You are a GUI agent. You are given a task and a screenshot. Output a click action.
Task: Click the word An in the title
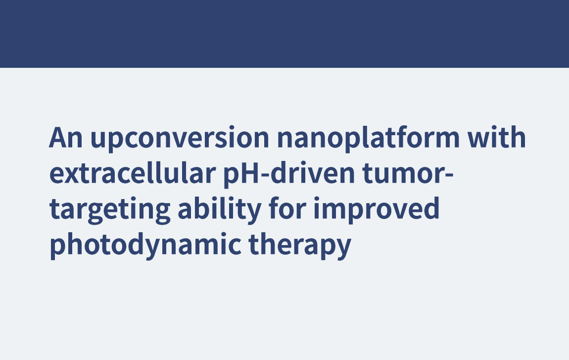tap(66, 138)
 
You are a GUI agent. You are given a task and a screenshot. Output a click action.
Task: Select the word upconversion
tap(180, 140)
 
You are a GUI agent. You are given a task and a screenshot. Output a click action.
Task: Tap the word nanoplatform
tap(368, 139)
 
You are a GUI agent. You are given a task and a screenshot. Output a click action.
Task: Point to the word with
tap(496, 137)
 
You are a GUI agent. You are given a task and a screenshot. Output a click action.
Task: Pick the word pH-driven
tap(289, 174)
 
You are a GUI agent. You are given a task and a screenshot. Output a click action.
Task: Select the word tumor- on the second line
tap(408, 174)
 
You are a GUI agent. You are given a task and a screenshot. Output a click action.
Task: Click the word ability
tap(220, 209)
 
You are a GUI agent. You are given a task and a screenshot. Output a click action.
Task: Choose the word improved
tap(377, 209)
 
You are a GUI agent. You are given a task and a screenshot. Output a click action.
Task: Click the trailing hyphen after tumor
tap(449, 175)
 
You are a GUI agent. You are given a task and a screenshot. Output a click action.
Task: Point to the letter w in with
tap(479, 140)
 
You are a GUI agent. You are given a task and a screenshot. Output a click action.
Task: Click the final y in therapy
tap(343, 250)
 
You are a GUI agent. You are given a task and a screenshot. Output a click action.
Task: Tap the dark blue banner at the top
tap(284, 34)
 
